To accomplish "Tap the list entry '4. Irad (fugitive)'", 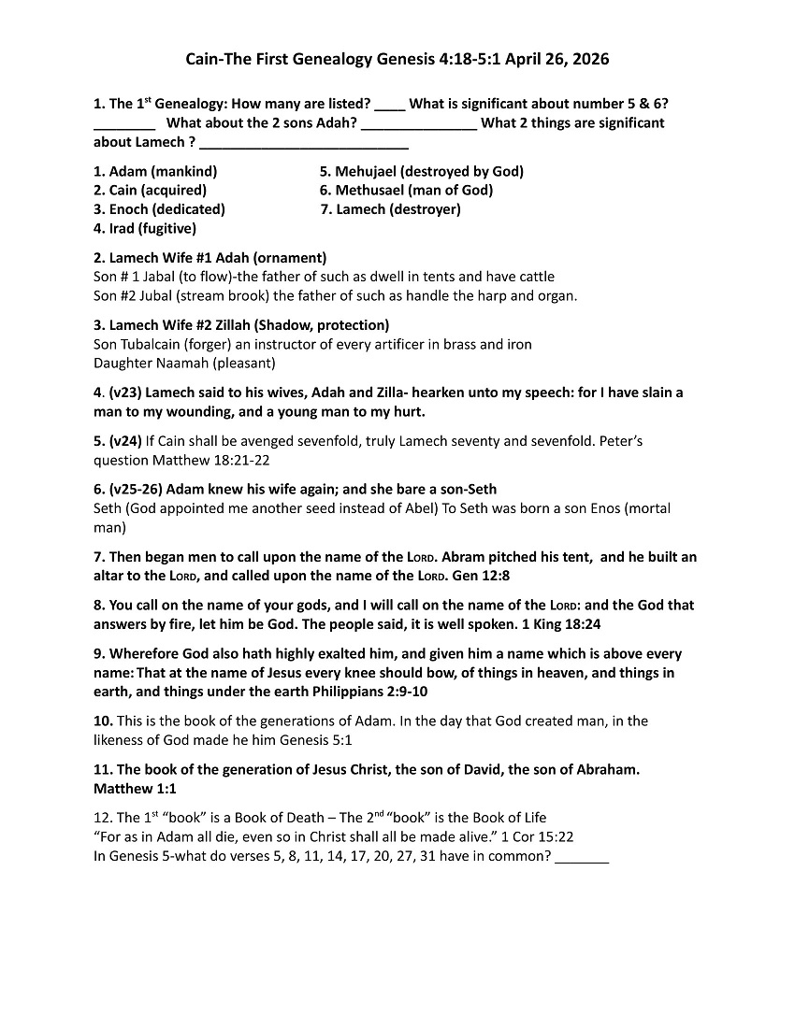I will [145, 228].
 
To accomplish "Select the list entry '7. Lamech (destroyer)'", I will [390, 209].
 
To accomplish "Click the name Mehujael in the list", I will [367, 171].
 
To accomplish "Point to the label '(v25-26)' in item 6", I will [136, 489].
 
